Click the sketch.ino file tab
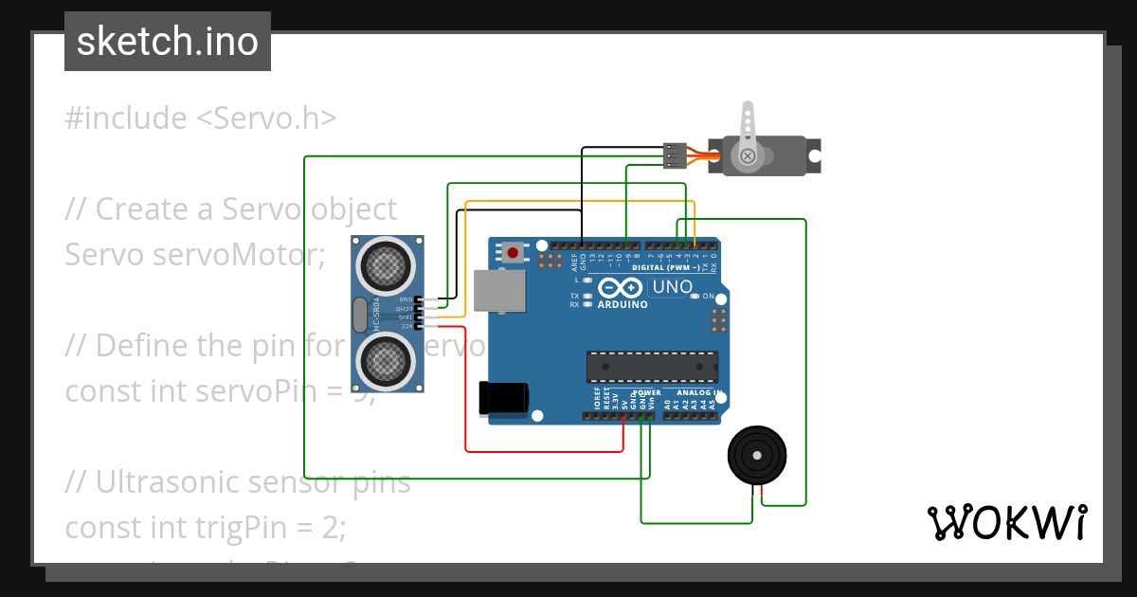pos(167,42)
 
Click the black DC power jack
pos(503,397)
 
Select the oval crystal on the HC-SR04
pos(359,315)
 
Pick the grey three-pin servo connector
pos(675,155)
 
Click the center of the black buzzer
pos(756,456)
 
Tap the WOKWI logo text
pos(1006,522)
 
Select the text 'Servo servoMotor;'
pos(194,254)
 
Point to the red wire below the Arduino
pos(545,450)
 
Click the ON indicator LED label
pos(708,297)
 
